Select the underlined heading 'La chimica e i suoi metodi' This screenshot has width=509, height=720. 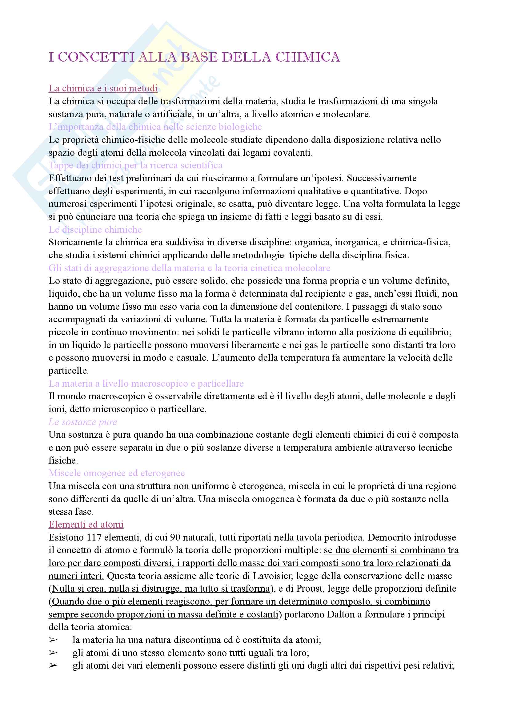click(103, 88)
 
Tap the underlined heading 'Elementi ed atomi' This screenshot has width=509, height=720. click(86, 524)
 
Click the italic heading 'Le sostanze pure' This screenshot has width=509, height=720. click(83, 422)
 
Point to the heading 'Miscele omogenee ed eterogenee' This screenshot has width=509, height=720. click(117, 473)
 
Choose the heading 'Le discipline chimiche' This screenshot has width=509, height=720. click(95, 230)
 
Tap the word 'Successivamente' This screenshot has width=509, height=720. click(381, 178)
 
